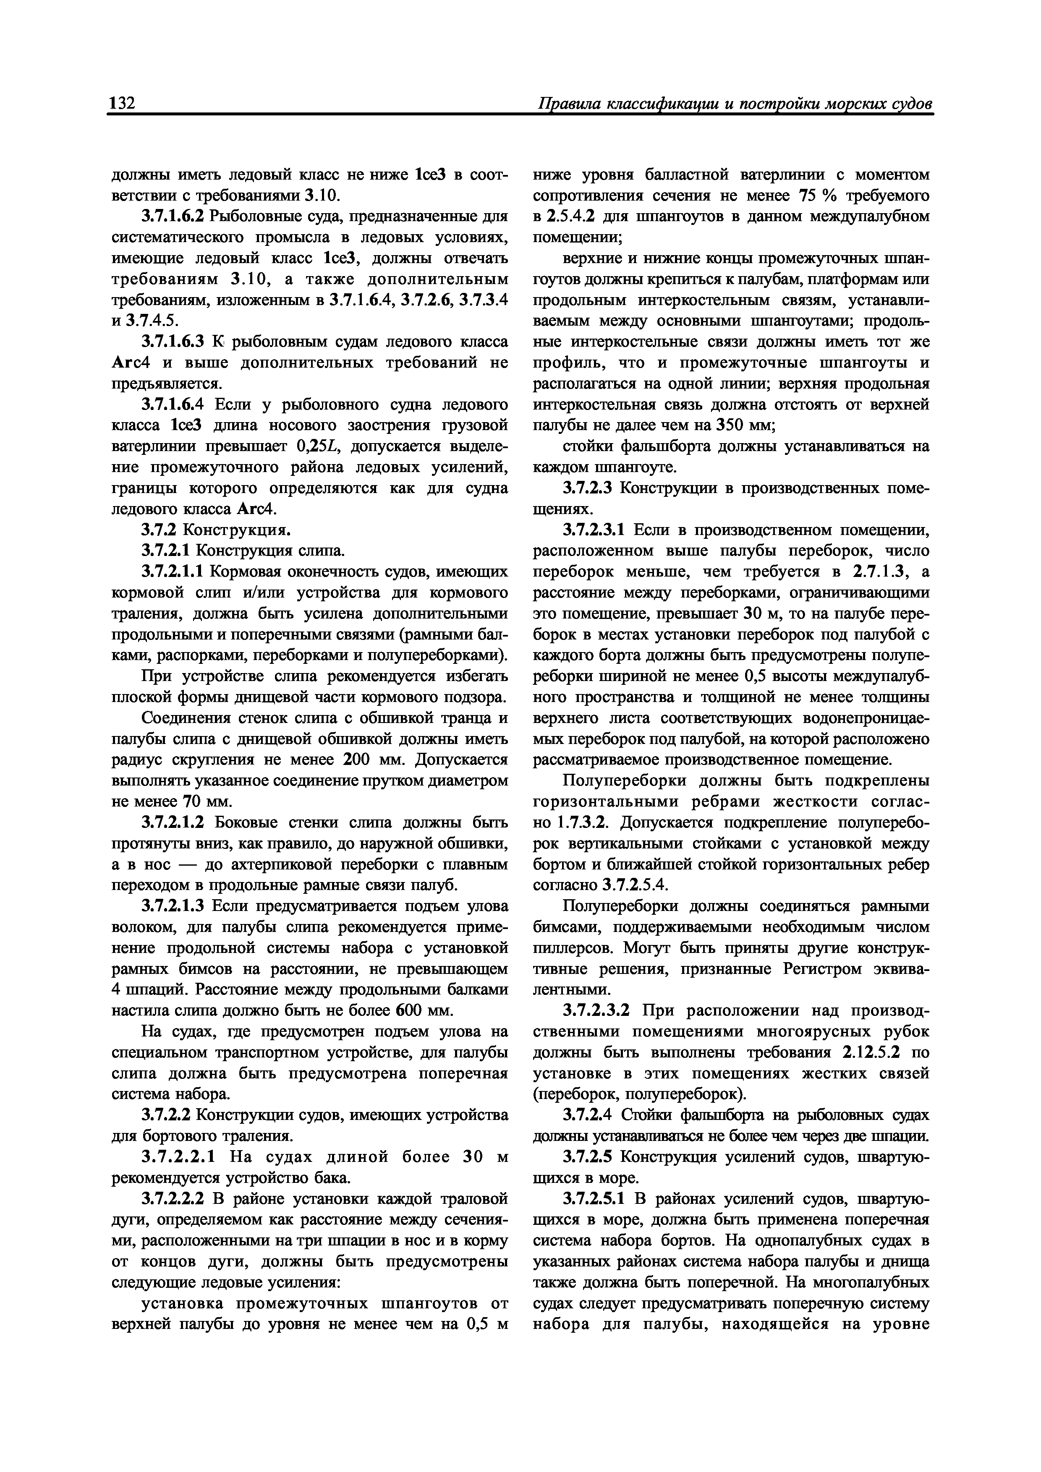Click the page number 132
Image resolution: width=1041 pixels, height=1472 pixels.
coord(122,103)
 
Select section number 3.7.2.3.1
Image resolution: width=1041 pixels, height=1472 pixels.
coord(593,531)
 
